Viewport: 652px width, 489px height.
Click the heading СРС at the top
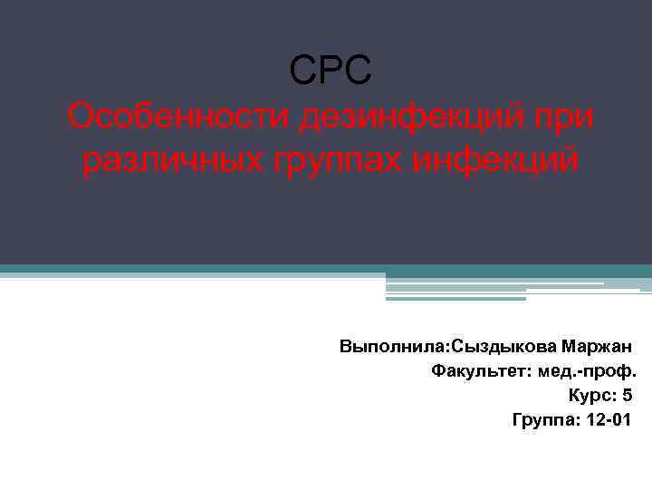(330, 71)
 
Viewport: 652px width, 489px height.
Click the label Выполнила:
(394, 347)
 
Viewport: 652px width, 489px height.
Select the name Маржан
(597, 347)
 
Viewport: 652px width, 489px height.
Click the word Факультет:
(475, 371)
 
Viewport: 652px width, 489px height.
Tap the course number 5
(628, 396)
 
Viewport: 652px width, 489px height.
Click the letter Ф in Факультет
(437, 371)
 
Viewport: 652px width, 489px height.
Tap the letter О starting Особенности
(81, 117)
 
